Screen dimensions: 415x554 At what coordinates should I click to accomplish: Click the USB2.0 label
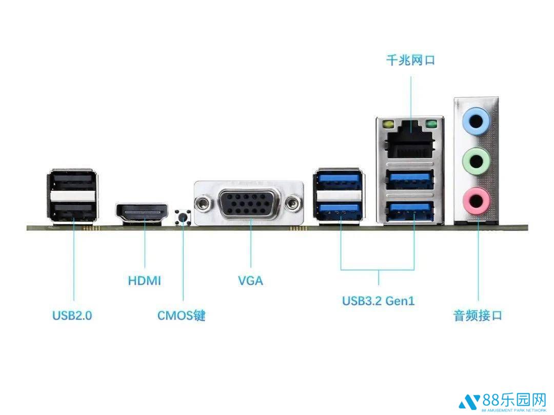click(72, 315)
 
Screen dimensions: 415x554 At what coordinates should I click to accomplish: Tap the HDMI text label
click(144, 281)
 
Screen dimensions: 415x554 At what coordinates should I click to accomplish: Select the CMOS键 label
click(181, 315)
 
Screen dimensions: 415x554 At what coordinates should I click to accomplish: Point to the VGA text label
click(250, 281)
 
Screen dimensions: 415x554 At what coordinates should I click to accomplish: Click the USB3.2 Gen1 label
click(378, 301)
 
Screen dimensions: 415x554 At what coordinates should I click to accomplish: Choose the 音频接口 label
click(478, 315)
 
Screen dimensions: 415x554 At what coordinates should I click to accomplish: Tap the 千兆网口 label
click(410, 61)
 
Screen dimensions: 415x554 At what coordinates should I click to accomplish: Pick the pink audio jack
click(476, 199)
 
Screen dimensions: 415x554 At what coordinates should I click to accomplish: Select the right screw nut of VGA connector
click(293, 203)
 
